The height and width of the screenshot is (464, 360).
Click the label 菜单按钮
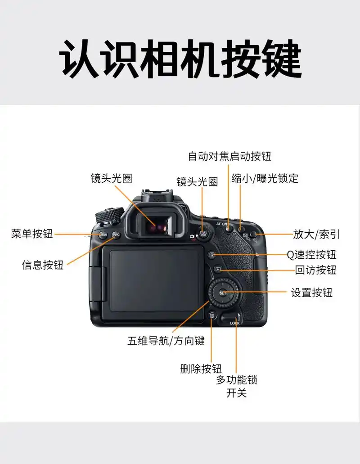pyautogui.click(x=32, y=234)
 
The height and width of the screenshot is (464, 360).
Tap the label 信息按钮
pyautogui.click(x=43, y=265)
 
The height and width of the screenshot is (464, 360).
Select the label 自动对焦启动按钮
pyautogui.click(x=229, y=156)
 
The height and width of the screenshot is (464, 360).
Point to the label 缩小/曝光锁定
pyautogui.click(x=265, y=178)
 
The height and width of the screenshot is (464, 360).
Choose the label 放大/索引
pyautogui.click(x=316, y=234)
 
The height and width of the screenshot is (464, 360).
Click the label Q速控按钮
pyautogui.click(x=311, y=254)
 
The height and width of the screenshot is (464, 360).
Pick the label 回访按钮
pyautogui.click(x=315, y=270)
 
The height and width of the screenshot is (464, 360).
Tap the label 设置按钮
pyautogui.click(x=311, y=293)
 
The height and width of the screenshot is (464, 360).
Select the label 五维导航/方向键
pyautogui.click(x=166, y=341)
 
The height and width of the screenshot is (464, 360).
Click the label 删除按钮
pyautogui.click(x=201, y=369)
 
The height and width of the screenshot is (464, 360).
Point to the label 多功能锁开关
pyautogui.click(x=236, y=386)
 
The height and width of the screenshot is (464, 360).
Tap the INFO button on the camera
pyautogui.click(x=116, y=234)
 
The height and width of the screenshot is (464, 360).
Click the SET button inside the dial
pyautogui.click(x=223, y=293)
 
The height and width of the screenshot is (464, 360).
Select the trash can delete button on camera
pyautogui.click(x=212, y=315)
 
